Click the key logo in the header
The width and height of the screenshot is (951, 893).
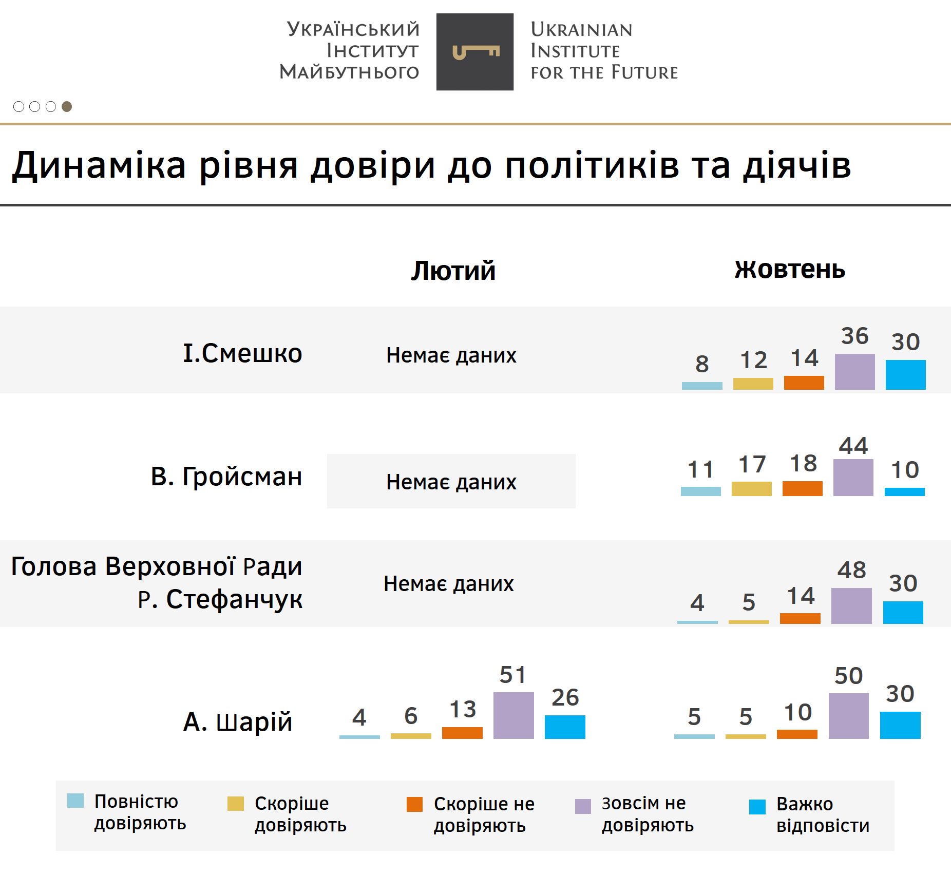pyautogui.click(x=475, y=52)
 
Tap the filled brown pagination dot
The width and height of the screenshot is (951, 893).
pyautogui.click(x=67, y=106)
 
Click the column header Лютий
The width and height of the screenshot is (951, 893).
pyautogui.click(x=453, y=271)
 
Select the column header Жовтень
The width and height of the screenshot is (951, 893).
pyautogui.click(x=789, y=269)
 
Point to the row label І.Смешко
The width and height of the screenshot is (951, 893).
pyautogui.click(x=242, y=353)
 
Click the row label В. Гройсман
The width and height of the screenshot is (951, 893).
pyautogui.click(x=226, y=477)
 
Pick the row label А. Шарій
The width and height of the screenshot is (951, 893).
pyautogui.click(x=238, y=721)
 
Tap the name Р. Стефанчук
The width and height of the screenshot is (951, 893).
pyautogui.click(x=220, y=599)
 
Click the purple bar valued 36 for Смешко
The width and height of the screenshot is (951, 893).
pyautogui.click(x=854, y=372)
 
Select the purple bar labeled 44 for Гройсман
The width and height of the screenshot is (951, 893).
pyautogui.click(x=853, y=478)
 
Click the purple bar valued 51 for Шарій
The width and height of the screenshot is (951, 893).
pyautogui.click(x=513, y=715)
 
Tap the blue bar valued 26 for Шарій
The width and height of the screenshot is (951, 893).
pyautogui.click(x=565, y=727)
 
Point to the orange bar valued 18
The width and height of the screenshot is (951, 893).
pyautogui.click(x=802, y=488)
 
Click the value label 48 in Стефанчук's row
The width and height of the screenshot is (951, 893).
pyautogui.click(x=851, y=569)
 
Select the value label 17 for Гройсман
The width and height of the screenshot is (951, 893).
pyautogui.click(x=752, y=464)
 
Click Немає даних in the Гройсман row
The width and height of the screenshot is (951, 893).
pyautogui.click(x=451, y=482)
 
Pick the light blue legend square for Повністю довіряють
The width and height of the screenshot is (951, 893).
pyautogui.click(x=75, y=801)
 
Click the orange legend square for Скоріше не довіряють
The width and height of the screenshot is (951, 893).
pyautogui.click(x=414, y=804)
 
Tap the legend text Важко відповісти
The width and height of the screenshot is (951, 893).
pyautogui.click(x=823, y=814)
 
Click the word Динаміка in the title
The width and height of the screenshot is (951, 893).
pyautogui.click(x=99, y=165)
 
